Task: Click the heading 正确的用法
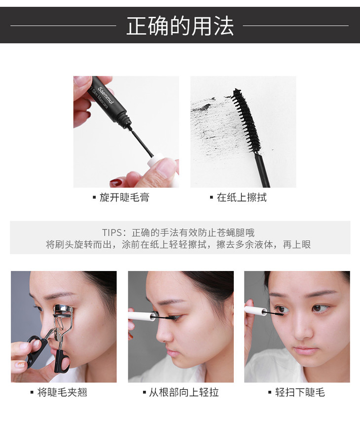point(180,26)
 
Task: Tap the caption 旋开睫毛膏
point(124,197)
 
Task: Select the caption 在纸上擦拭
point(242,197)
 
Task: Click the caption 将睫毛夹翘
point(62,392)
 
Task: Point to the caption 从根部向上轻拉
point(184,392)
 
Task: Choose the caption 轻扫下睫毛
point(300,392)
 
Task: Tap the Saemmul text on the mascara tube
point(106,96)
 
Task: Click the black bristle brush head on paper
point(246,119)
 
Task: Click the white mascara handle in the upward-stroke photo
point(142,316)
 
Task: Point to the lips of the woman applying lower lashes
point(305,350)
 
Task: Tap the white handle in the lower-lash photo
point(255,310)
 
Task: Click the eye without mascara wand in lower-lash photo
point(320,308)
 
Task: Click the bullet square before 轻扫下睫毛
point(270,393)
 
